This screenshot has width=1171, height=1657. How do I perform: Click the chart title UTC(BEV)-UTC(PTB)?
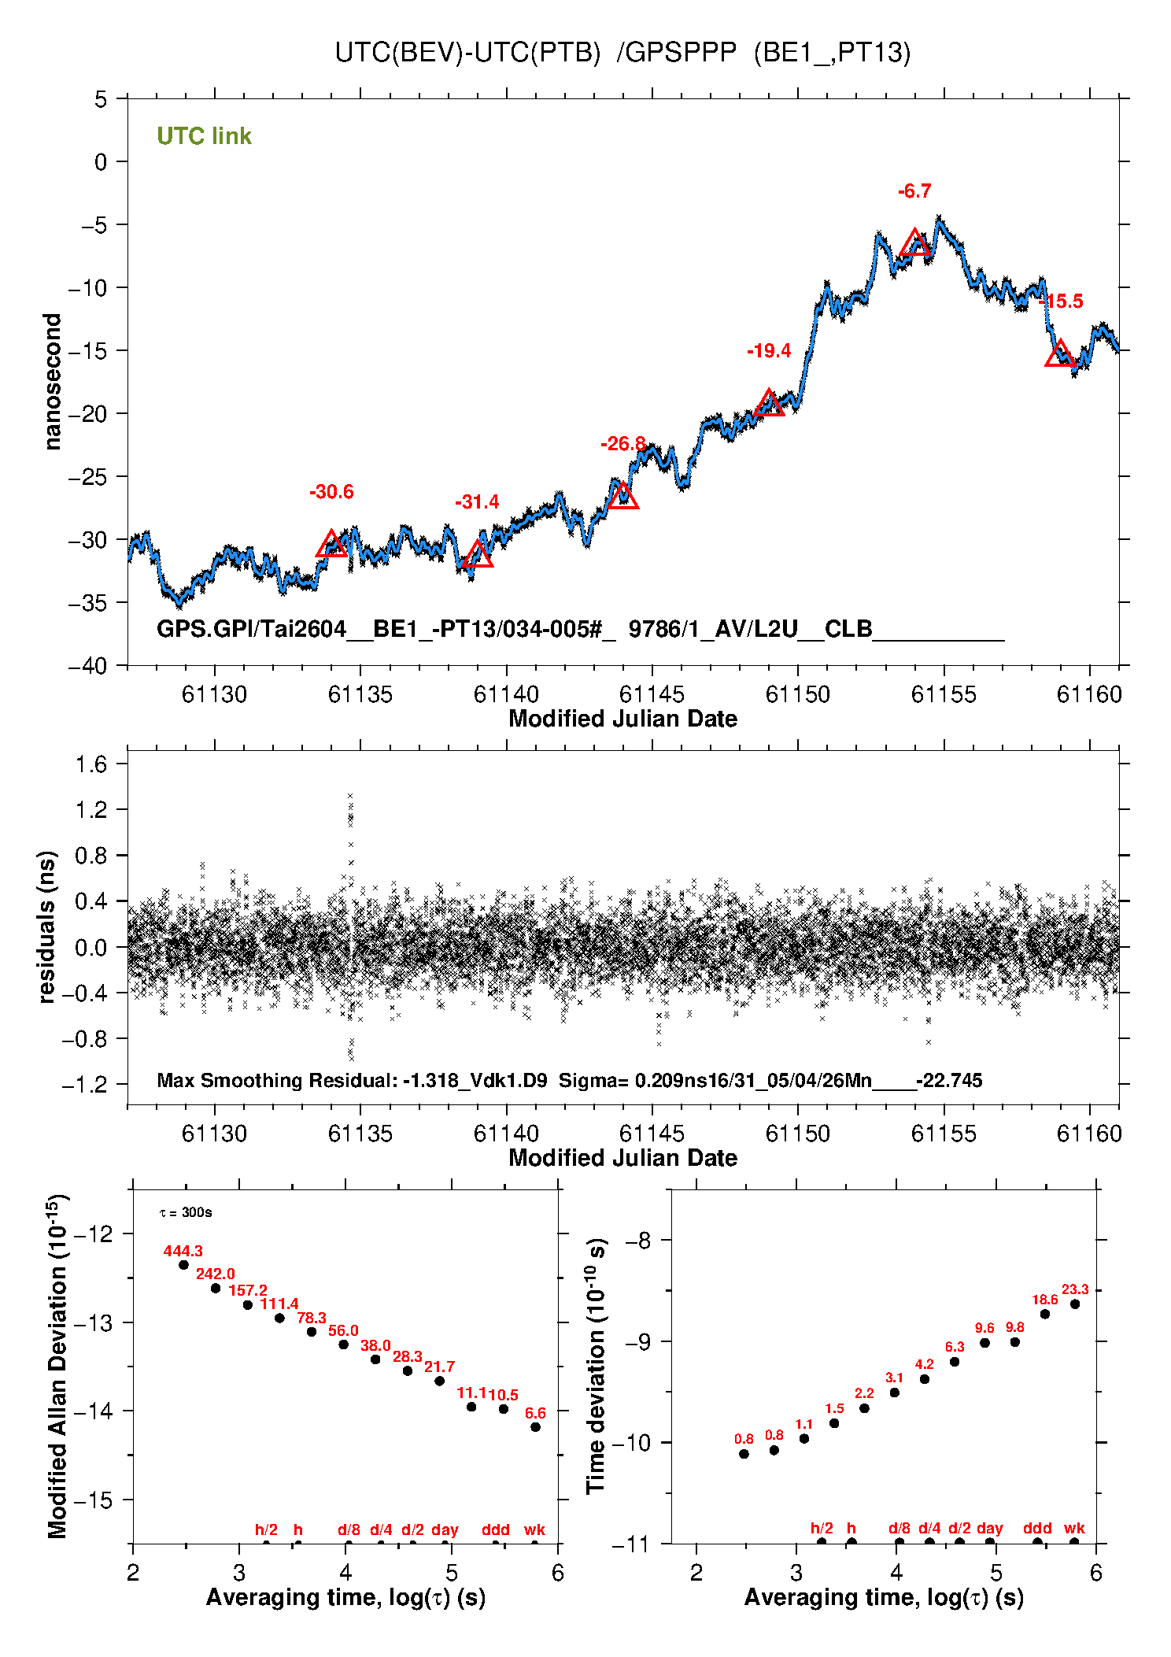467,52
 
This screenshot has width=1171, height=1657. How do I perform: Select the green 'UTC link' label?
204,136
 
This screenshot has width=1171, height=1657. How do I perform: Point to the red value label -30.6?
331,492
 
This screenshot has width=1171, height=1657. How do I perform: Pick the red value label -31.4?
477,502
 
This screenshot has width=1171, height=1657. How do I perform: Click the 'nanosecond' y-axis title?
52,382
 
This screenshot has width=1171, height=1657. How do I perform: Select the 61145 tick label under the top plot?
652,694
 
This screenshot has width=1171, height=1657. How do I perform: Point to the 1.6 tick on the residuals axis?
91,764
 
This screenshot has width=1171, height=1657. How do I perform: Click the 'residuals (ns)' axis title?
47,927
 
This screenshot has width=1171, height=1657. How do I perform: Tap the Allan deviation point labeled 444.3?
183,1265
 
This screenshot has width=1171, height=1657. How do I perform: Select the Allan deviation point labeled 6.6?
535,1427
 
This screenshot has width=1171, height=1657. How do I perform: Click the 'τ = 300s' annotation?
186,1212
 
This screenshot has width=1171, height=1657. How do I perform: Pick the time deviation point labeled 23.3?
1075,1304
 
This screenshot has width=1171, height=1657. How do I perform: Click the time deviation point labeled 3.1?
894,1393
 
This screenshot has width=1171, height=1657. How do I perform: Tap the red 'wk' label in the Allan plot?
534,1529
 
